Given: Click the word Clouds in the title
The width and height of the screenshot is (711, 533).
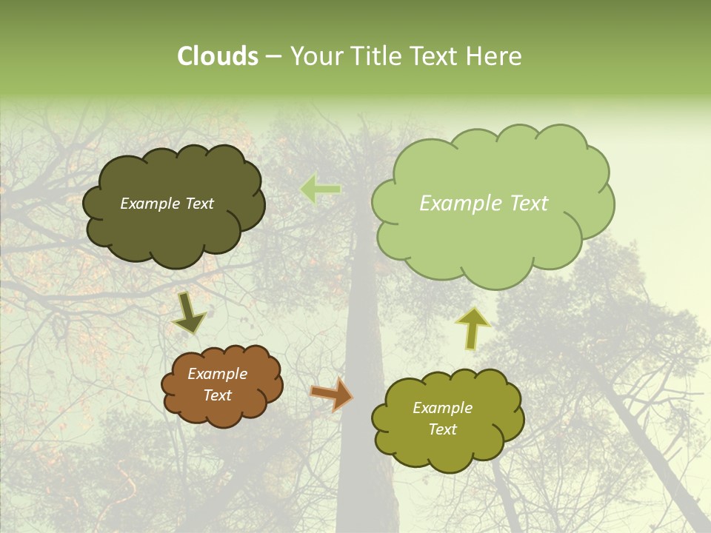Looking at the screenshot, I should [x=217, y=56].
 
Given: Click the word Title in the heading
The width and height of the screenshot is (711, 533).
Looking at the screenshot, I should [x=375, y=56].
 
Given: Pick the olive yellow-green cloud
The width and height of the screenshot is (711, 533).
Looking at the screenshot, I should [x=447, y=452].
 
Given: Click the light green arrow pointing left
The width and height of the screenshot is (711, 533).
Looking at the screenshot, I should [x=320, y=190].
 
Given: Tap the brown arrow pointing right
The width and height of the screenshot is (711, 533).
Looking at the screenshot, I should [x=331, y=394].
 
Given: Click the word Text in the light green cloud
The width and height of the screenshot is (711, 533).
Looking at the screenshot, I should [x=529, y=204].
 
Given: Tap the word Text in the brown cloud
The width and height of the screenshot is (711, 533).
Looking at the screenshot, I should [x=218, y=395].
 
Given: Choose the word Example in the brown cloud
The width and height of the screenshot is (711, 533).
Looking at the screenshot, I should [x=218, y=374].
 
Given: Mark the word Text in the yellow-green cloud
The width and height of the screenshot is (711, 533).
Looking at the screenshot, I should [x=443, y=429].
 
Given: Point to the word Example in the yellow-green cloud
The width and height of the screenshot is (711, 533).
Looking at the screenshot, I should [x=443, y=408].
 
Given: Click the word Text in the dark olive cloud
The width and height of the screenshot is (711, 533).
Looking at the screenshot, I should [x=199, y=204].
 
